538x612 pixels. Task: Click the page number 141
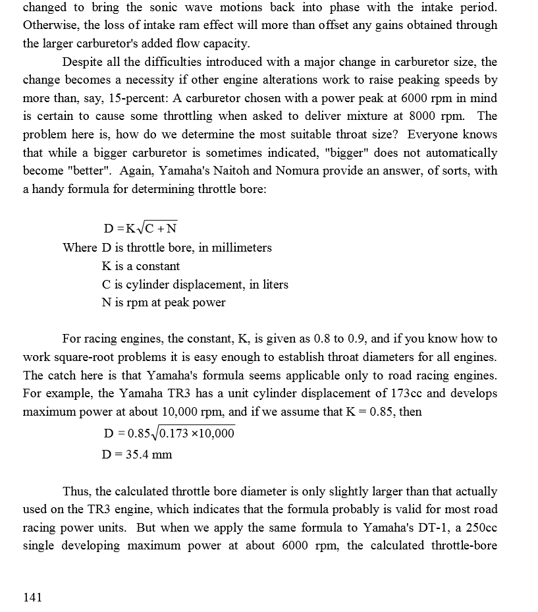(32, 597)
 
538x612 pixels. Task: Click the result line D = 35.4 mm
(138, 454)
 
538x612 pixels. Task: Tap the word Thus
(77, 491)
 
